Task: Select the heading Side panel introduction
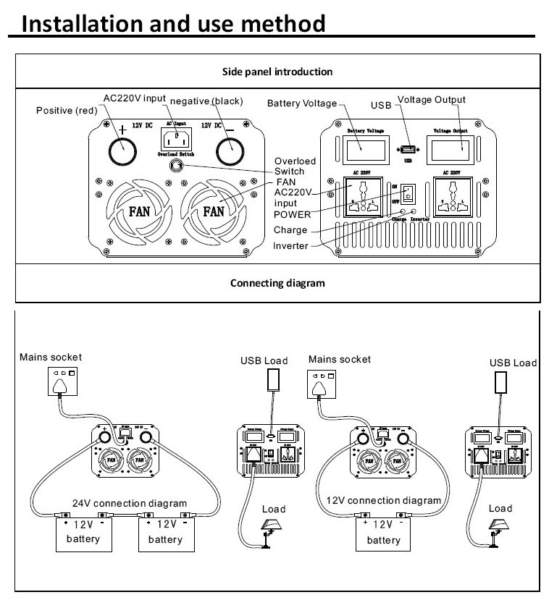[277, 72]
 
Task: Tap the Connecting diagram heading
[277, 282]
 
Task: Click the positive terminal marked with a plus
[122, 150]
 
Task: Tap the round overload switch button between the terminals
[175, 166]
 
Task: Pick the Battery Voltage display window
[365, 151]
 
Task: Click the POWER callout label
[292, 215]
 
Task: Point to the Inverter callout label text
[290, 246]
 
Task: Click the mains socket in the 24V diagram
[62, 382]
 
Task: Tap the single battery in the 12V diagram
[383, 533]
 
